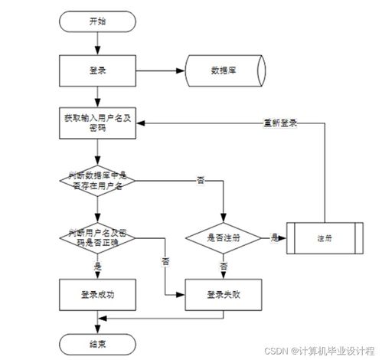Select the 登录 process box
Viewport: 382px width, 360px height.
click(x=96, y=71)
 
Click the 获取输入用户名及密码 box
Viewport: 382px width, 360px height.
click(x=96, y=123)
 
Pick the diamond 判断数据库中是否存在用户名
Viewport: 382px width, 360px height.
click(x=96, y=178)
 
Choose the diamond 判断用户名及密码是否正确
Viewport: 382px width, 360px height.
click(x=96, y=236)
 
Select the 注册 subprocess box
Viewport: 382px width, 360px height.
click(x=324, y=237)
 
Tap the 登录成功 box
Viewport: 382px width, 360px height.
click(x=96, y=293)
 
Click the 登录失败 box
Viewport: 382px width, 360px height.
click(x=224, y=293)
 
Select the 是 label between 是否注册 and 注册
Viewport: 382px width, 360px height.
click(x=273, y=237)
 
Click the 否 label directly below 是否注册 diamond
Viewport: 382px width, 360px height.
click(x=224, y=265)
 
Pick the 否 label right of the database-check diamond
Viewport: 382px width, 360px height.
click(x=201, y=179)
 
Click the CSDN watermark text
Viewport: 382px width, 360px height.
click(x=322, y=349)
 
